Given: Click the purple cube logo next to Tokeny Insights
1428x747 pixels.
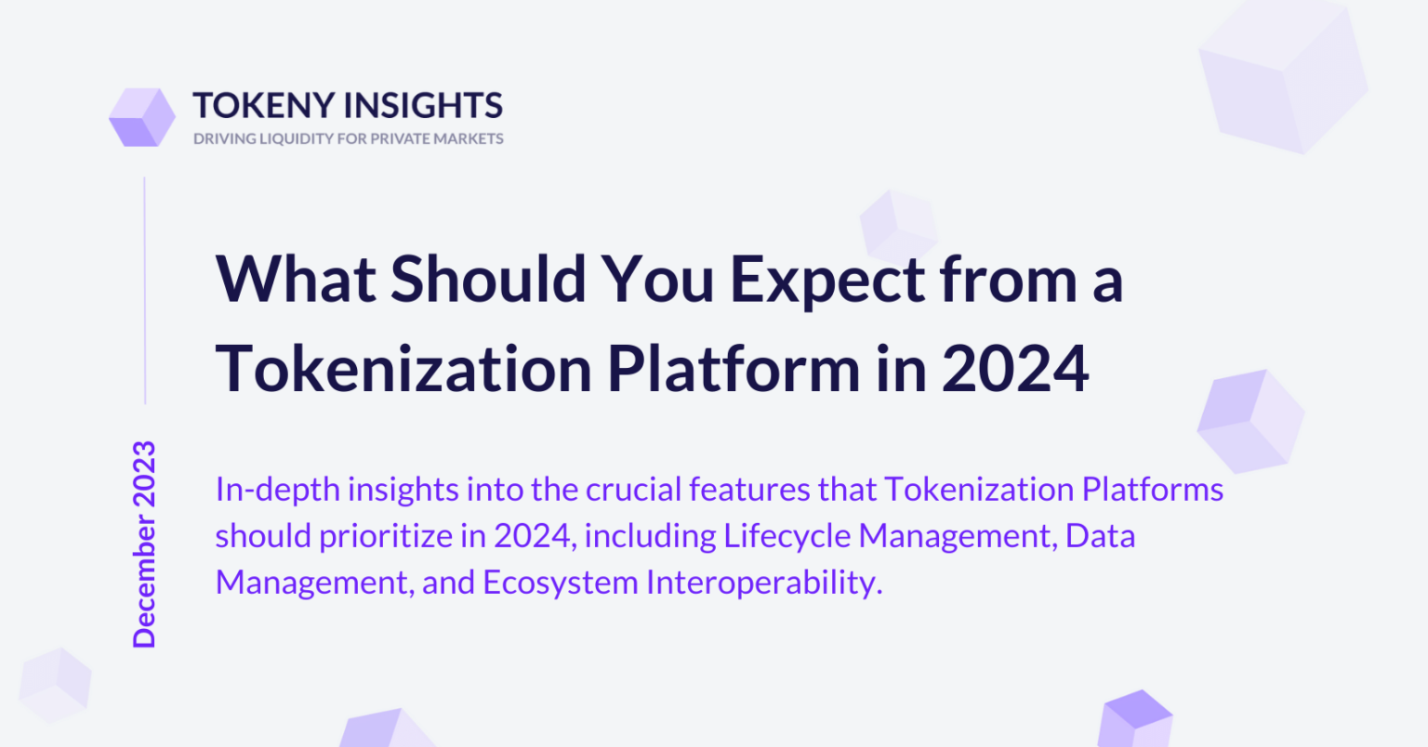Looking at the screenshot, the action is [x=142, y=117].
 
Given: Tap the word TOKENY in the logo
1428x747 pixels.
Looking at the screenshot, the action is [x=264, y=105].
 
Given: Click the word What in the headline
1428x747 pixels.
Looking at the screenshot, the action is [x=296, y=279].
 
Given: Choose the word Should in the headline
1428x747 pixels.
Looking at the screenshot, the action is [x=488, y=278].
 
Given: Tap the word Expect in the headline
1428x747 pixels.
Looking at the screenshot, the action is [x=826, y=282].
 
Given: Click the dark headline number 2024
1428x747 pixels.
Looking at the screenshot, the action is [x=1015, y=369].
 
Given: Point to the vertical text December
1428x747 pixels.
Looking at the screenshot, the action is [x=144, y=582].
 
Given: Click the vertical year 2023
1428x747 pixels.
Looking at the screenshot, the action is [x=144, y=474].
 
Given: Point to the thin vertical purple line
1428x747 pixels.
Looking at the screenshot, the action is [x=145, y=291].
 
